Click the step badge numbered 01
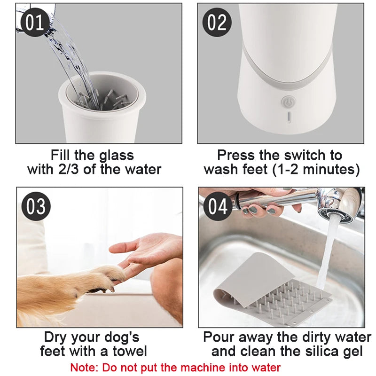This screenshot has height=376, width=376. (34, 22)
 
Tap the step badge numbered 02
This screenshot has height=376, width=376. (217, 22)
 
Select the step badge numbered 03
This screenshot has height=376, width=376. (36, 207)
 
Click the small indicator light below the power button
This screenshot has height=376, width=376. (289, 117)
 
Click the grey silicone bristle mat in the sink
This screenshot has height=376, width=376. (273, 287)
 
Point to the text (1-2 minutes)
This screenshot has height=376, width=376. (316, 169)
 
